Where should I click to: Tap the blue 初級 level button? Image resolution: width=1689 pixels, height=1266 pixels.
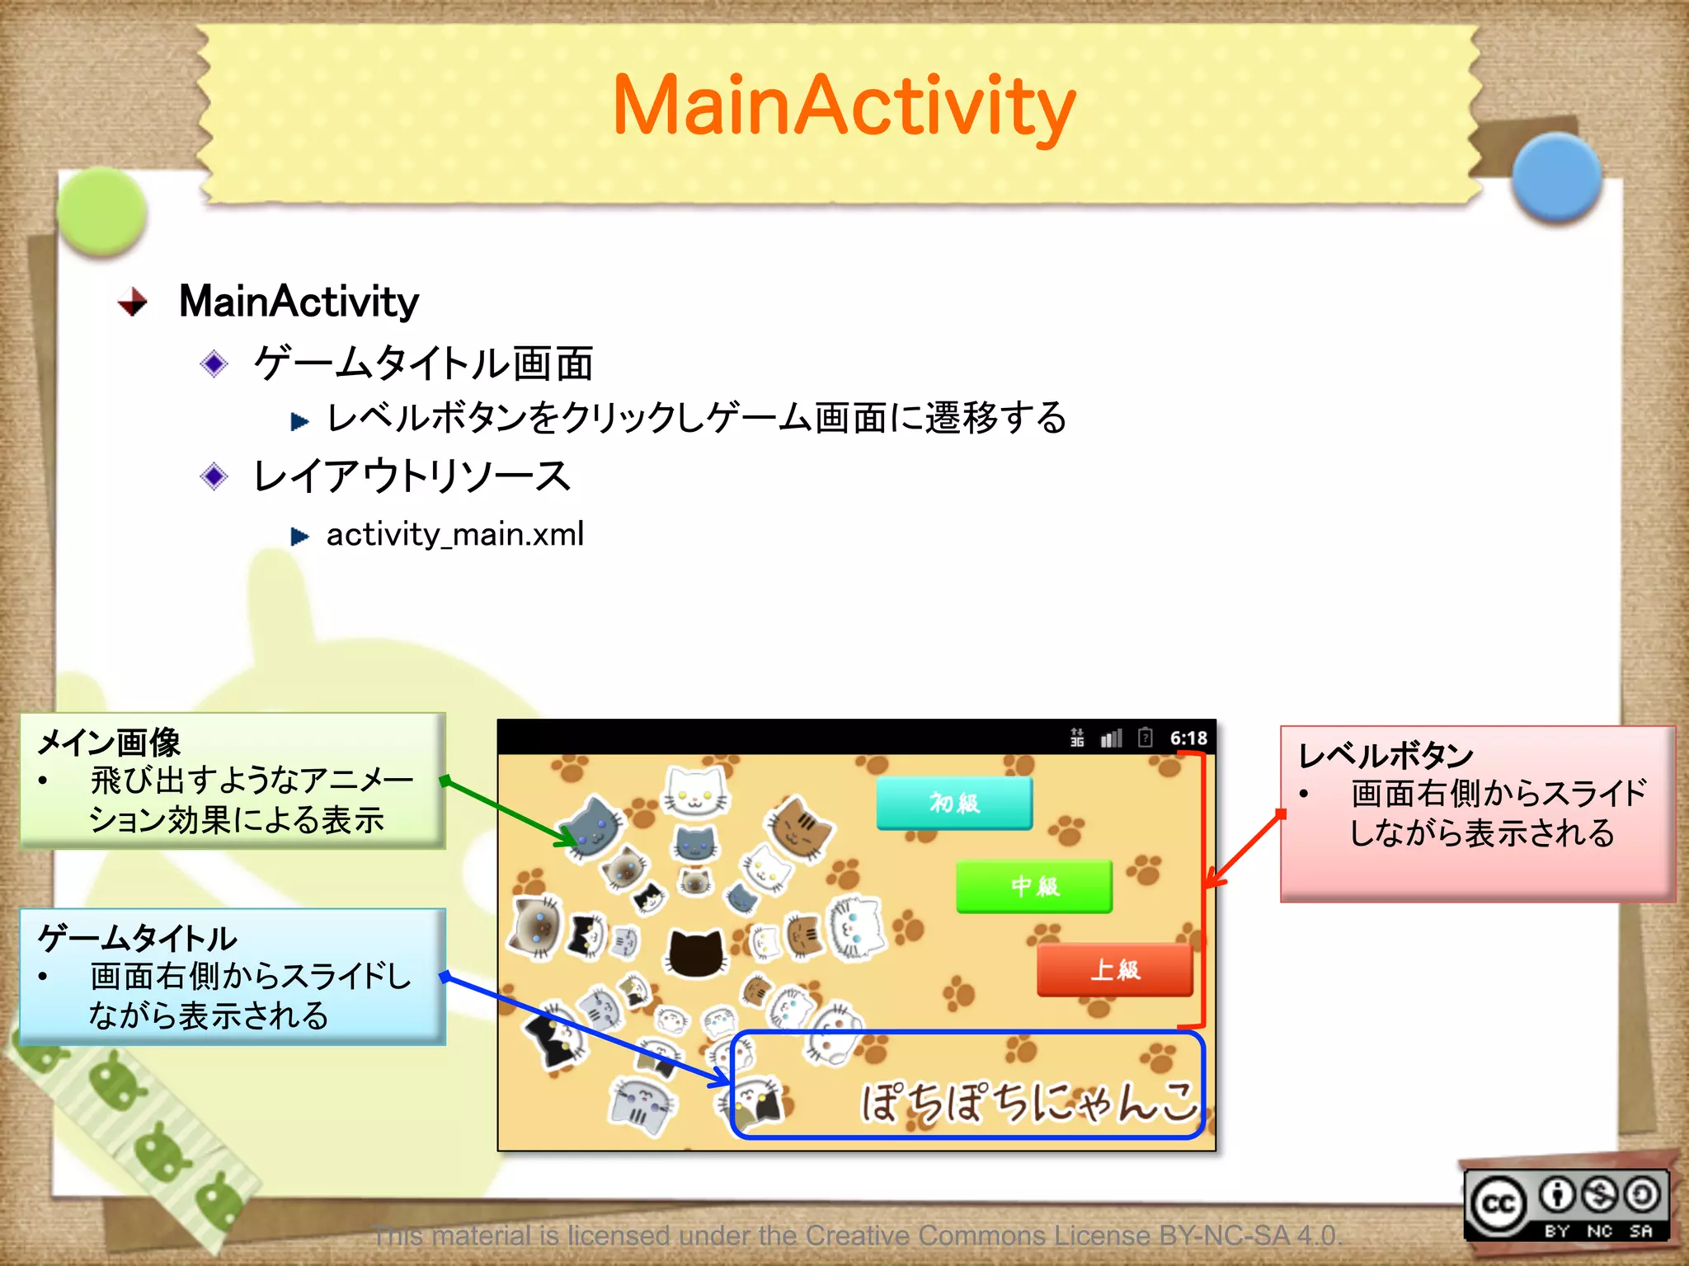(954, 802)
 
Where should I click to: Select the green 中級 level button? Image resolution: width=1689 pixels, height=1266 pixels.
(1034, 886)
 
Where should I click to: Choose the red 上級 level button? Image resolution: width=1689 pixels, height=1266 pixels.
(1115, 969)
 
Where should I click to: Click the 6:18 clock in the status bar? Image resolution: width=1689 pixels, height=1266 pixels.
(1188, 738)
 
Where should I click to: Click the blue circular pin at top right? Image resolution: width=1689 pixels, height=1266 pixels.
(1556, 176)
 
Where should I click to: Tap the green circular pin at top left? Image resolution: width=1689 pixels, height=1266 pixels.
(103, 210)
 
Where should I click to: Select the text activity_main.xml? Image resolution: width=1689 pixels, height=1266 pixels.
(454, 535)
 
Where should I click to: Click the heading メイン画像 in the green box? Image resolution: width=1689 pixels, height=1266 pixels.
(109, 742)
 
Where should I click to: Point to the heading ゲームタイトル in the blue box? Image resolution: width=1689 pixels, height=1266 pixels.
(137, 938)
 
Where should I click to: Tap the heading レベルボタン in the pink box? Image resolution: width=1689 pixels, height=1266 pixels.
(1386, 755)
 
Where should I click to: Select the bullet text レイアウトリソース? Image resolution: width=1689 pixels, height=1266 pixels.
(412, 476)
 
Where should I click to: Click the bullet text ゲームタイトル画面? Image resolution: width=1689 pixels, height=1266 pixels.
(423, 363)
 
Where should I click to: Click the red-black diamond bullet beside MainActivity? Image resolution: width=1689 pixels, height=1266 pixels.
(132, 302)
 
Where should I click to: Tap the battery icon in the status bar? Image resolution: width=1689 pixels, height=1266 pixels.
(1145, 737)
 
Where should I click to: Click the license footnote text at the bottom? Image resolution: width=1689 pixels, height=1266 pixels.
(858, 1236)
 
